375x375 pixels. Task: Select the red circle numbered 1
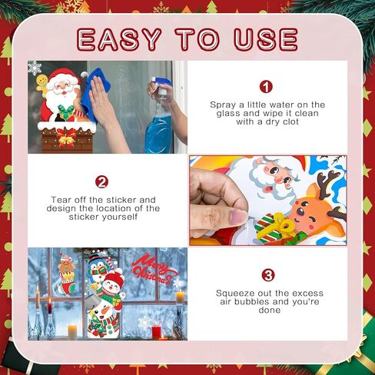[267, 87]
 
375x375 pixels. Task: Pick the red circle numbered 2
[101, 182]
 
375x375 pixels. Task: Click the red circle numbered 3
[267, 275]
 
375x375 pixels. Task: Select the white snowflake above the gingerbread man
[35, 68]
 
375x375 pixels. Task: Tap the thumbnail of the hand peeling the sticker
[267, 201]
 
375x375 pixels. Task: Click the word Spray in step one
[222, 104]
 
